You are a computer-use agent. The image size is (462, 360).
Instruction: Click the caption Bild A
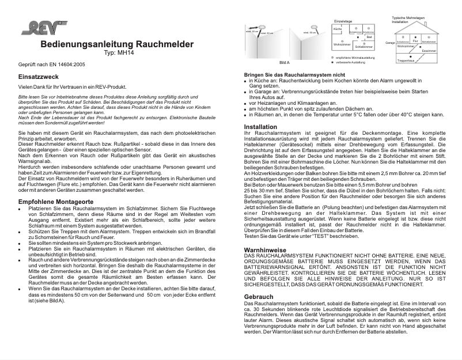pyautogui.click(x=285, y=61)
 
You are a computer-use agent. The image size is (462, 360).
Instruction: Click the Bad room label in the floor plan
pyautogui.click(x=369, y=36)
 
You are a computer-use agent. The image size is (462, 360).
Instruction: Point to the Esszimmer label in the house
pyautogui.click(x=427, y=51)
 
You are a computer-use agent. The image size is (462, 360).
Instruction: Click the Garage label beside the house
pyautogui.click(x=390, y=43)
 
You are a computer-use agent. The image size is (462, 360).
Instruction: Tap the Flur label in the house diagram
pyautogui.click(x=415, y=41)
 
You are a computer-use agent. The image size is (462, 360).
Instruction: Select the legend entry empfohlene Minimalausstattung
pyautogui.click(x=354, y=57)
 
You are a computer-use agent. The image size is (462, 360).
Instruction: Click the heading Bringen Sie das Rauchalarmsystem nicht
pyautogui.click(x=294, y=75)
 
